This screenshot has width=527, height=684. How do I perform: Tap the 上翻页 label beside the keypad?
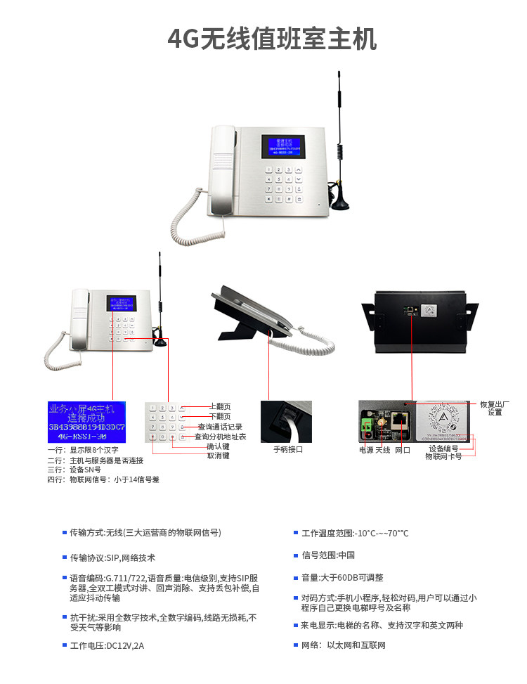pyautogui.click(x=221, y=406)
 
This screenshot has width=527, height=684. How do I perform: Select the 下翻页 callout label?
pyautogui.click(x=221, y=416)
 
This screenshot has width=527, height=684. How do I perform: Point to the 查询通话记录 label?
pyautogui.click(x=220, y=427)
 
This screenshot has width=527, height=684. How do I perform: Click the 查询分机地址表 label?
pyautogui.click(x=220, y=437)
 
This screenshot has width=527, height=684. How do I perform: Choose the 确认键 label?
pyautogui.click(x=218, y=446)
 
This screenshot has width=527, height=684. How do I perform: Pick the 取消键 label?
pyautogui.click(x=218, y=456)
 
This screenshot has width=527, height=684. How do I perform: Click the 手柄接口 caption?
pyautogui.click(x=288, y=449)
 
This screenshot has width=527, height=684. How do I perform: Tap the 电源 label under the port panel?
pyautogui.click(x=366, y=450)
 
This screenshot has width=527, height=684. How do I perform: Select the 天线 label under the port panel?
pyautogui.click(x=383, y=450)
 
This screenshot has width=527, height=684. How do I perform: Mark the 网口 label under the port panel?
pyautogui.click(x=403, y=450)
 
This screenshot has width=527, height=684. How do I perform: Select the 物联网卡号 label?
pyautogui.click(x=443, y=456)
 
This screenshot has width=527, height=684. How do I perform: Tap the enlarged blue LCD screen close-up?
pyautogui.click(x=86, y=422)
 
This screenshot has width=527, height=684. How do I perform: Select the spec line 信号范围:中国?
pyautogui.click(x=328, y=555)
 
